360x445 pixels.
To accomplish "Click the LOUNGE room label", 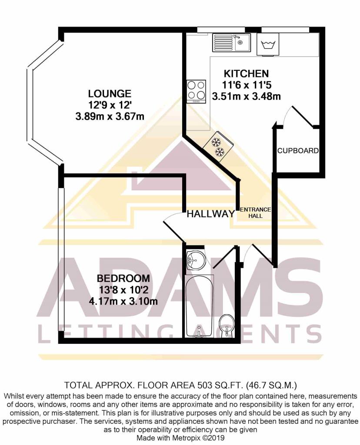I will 110,93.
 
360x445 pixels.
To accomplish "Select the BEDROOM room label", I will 123,278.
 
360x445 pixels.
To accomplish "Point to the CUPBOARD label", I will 298,151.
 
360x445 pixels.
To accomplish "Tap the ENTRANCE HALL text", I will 256,213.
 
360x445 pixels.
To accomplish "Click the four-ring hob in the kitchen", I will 196,91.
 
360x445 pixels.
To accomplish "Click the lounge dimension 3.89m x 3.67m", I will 110,116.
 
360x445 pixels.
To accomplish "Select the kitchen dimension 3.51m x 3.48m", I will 246,96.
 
